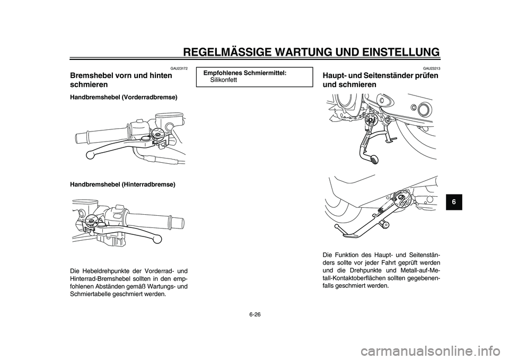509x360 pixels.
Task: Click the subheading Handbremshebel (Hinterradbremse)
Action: (122, 184)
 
